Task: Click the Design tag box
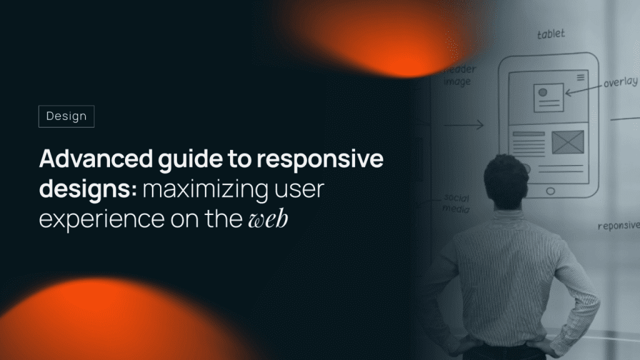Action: (x=66, y=116)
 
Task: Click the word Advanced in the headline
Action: (x=96, y=158)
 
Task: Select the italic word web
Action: (x=267, y=219)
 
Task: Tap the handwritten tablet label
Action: (x=551, y=34)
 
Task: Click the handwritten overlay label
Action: (x=621, y=82)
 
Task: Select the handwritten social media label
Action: (x=456, y=203)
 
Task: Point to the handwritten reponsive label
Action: (x=619, y=226)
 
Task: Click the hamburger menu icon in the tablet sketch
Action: (x=581, y=77)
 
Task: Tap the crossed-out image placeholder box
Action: (x=567, y=142)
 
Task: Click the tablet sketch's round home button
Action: (x=550, y=191)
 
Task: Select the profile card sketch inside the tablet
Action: (x=549, y=98)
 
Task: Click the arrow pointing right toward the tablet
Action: (x=464, y=125)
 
